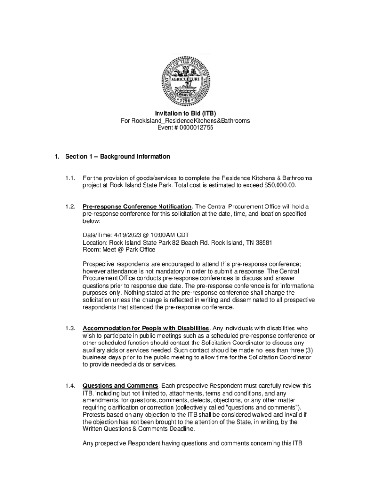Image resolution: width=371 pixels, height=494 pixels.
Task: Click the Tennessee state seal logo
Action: (185, 80)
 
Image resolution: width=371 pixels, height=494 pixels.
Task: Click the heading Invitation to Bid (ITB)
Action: (185, 113)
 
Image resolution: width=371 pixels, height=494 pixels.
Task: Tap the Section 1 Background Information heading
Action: (118, 157)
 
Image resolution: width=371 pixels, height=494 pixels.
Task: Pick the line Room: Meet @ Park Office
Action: (119, 250)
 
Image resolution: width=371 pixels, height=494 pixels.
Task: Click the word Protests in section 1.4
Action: (95, 414)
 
